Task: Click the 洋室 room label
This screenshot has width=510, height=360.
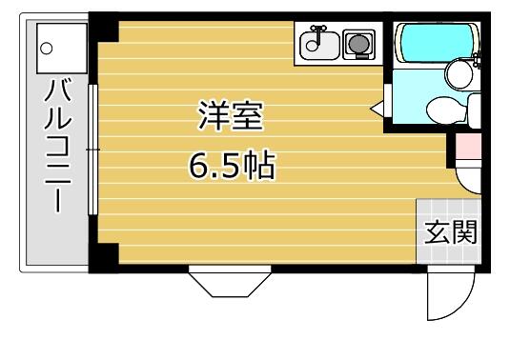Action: (231, 115)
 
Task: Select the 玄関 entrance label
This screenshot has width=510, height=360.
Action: (451, 232)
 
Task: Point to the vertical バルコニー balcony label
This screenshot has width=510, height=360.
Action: (58, 145)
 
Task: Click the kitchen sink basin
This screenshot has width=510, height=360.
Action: (319, 45)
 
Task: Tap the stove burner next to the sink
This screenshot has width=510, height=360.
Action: (359, 44)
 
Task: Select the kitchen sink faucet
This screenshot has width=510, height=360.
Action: (316, 35)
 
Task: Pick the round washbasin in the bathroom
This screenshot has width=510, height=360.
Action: (459, 74)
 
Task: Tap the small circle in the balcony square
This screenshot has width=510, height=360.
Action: (46, 49)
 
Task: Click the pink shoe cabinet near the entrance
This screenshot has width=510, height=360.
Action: (468, 147)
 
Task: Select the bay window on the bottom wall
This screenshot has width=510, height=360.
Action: (230, 281)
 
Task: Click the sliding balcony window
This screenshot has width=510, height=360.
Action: (93, 150)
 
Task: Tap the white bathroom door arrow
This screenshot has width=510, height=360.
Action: (377, 108)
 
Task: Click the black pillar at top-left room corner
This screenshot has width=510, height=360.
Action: (104, 28)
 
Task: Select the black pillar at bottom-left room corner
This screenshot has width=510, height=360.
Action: (104, 257)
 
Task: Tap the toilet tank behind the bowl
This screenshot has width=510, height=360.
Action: (474, 110)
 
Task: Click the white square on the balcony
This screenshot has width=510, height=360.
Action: (62, 49)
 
